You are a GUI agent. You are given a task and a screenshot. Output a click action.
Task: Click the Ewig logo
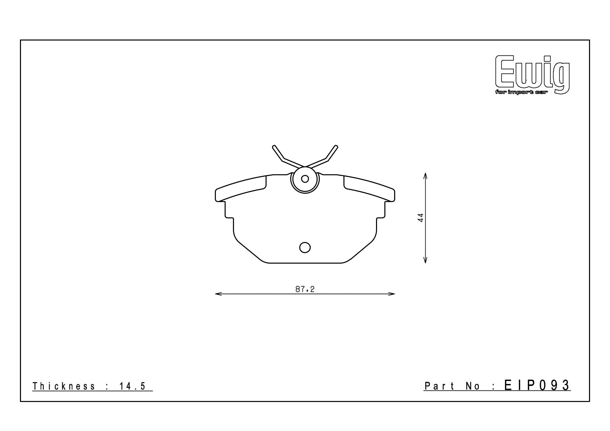point(532,75)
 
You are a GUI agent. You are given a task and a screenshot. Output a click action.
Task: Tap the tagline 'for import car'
point(522,93)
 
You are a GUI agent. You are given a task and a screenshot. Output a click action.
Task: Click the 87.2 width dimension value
point(305,289)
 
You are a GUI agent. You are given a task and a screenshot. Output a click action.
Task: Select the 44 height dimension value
point(421,218)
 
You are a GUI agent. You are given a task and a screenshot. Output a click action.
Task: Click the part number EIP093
point(537,385)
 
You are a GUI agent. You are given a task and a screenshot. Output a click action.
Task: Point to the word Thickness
point(64,386)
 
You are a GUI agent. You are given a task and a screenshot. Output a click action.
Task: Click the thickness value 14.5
point(133,386)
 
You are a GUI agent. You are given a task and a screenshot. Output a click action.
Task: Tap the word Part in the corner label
point(439,386)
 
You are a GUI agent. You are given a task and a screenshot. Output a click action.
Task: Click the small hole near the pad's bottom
point(305,247)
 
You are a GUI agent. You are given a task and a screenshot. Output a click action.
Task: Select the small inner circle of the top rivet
point(305,179)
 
